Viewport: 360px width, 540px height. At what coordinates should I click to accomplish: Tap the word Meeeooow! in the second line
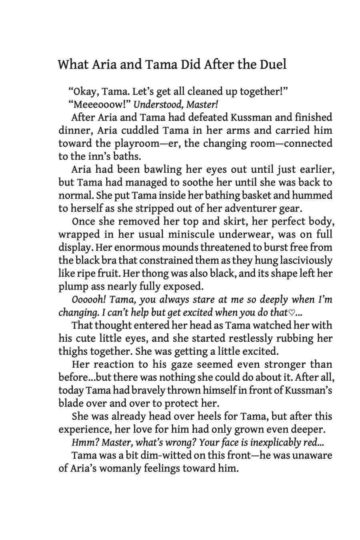pyautogui.click(x=99, y=105)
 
